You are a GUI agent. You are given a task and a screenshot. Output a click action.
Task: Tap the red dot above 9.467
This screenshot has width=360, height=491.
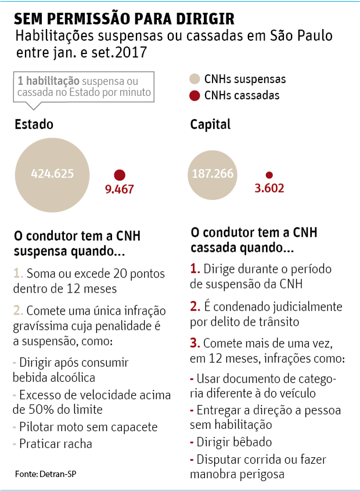click(120, 175)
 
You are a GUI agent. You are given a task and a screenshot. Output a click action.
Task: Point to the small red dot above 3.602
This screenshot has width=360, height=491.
click(269, 175)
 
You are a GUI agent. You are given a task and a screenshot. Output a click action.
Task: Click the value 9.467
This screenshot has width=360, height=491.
click(120, 189)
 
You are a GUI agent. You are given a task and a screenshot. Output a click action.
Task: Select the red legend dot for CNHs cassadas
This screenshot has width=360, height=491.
click(195, 96)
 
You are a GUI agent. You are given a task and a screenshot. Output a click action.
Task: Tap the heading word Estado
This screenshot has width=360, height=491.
click(34, 124)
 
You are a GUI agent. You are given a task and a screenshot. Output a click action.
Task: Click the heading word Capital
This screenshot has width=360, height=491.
click(210, 124)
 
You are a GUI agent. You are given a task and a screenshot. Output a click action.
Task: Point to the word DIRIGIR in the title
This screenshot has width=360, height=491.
click(186, 18)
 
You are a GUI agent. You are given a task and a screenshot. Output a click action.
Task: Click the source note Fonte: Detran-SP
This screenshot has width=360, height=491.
click(46, 474)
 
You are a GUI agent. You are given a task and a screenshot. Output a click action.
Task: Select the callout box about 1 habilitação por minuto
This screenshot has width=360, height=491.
click(84, 87)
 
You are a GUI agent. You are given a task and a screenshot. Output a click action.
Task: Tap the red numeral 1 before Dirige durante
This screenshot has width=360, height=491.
click(195, 269)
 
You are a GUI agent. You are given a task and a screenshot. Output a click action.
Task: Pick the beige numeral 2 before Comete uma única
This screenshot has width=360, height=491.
click(18, 311)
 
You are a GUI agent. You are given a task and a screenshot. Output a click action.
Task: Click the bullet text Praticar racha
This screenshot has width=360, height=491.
click(55, 444)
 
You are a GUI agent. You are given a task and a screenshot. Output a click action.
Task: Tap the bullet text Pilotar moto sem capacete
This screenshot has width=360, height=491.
click(88, 427)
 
